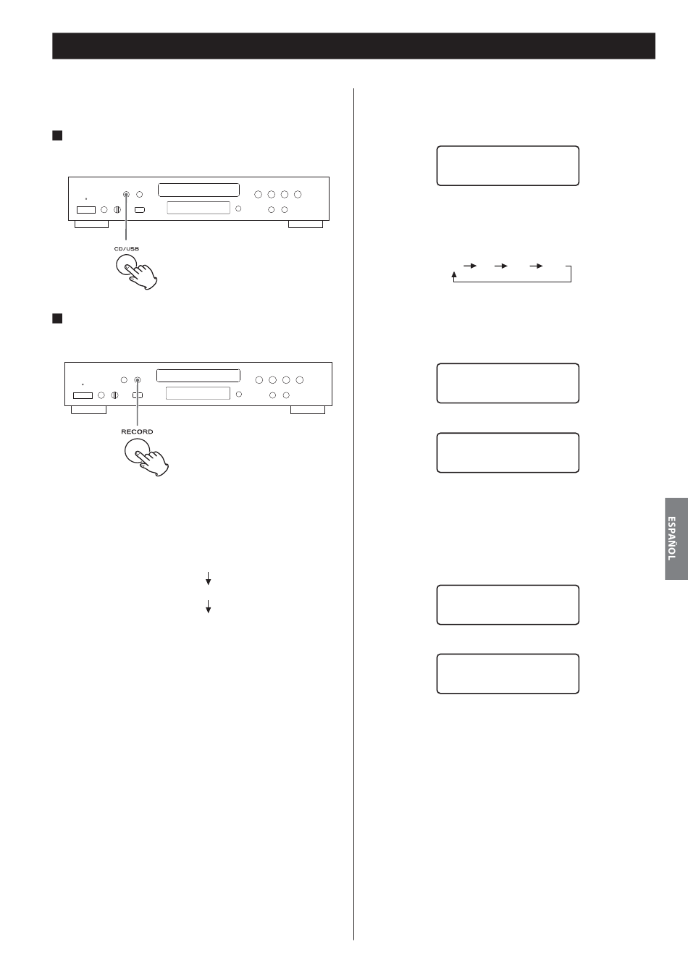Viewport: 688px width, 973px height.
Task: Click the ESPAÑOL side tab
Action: point(676,539)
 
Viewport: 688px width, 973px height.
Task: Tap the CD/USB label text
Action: point(127,249)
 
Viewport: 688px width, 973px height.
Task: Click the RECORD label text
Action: point(137,431)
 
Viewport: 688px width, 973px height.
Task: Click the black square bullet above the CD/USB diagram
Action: point(57,135)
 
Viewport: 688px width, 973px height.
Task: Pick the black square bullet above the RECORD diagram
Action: point(57,319)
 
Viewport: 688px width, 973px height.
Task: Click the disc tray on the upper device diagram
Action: point(198,190)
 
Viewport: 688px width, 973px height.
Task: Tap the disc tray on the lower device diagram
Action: point(198,375)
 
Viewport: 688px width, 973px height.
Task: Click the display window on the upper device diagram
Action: point(198,208)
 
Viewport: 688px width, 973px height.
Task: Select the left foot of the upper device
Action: point(91,224)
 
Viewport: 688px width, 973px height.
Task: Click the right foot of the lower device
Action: point(308,410)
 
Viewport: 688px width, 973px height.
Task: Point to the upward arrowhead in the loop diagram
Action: point(454,274)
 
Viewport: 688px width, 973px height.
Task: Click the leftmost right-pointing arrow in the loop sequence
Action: point(470,266)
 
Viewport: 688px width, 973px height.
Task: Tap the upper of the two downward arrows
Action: point(208,578)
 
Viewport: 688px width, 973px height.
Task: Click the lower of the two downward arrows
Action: point(208,607)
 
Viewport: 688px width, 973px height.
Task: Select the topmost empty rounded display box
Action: point(508,146)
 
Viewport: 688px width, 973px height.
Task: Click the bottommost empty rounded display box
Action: point(508,654)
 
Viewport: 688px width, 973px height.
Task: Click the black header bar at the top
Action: point(354,46)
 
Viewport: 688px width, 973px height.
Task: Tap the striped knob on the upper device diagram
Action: point(117,209)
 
